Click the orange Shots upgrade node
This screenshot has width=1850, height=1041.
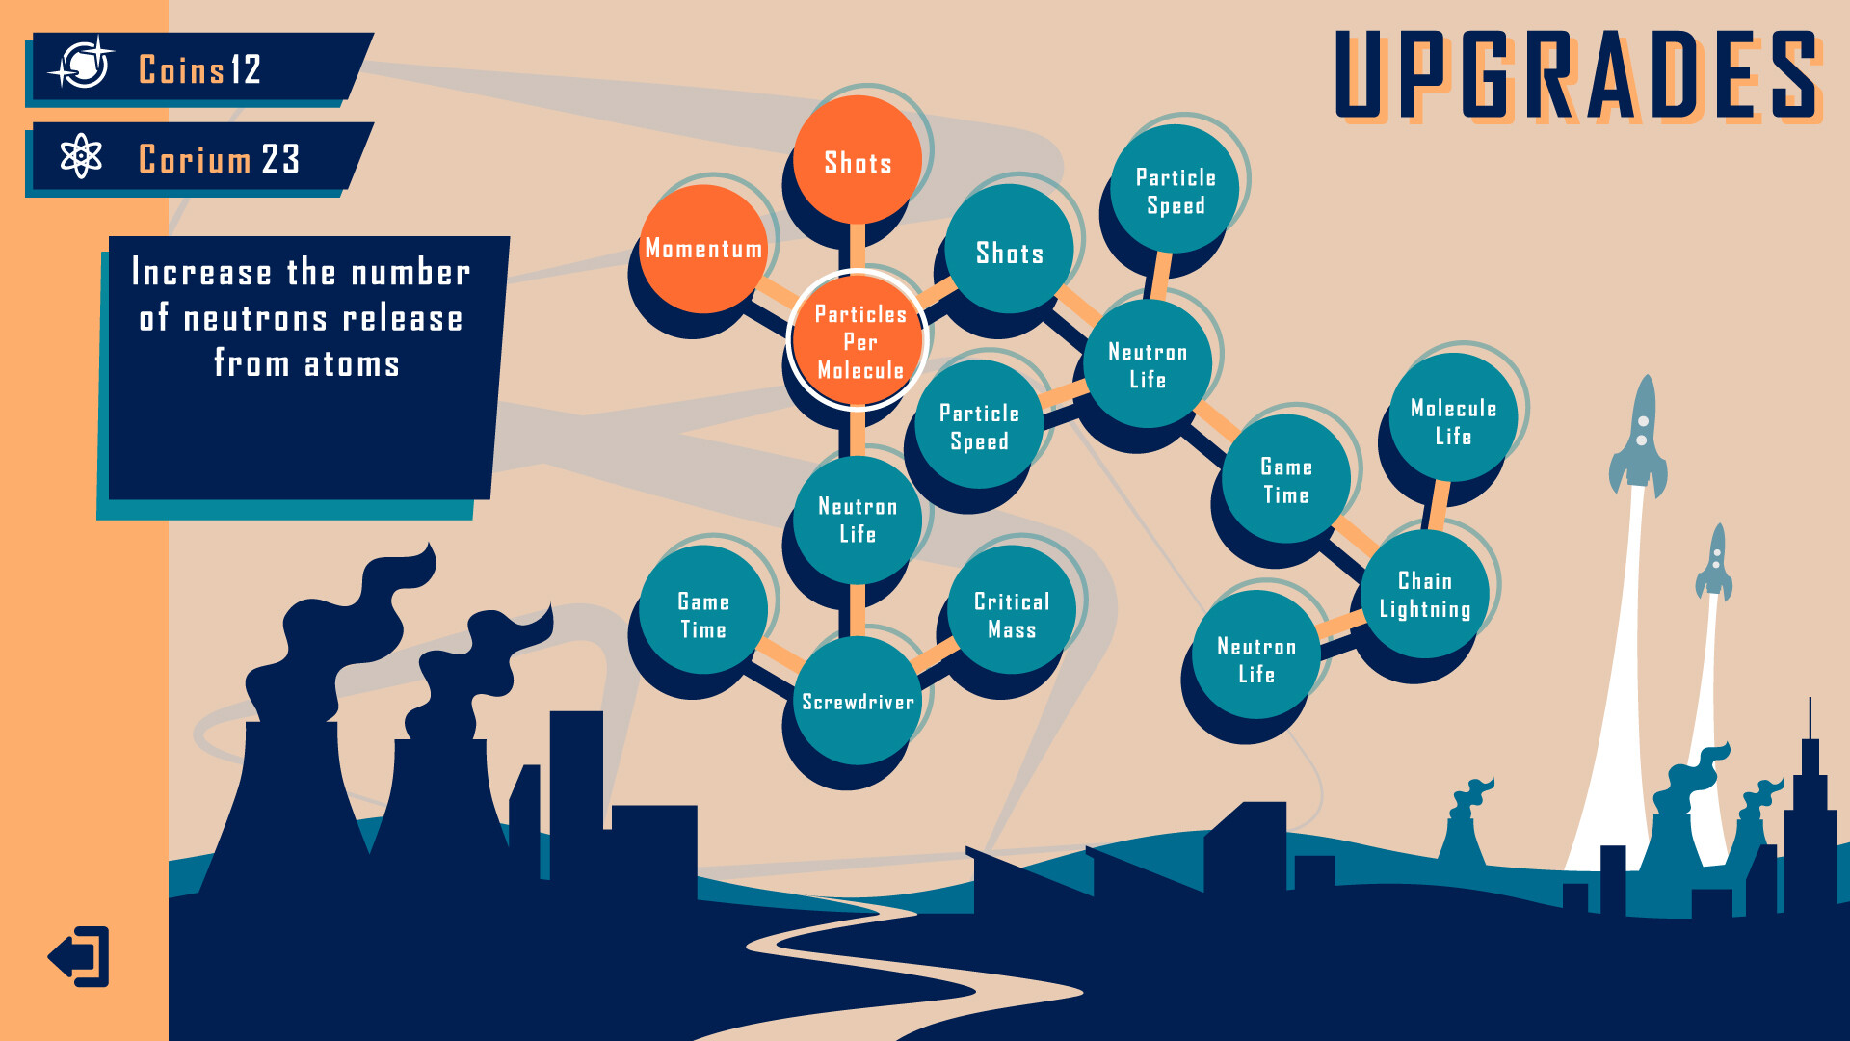[x=858, y=161]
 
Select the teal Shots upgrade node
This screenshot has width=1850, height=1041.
[x=1010, y=251]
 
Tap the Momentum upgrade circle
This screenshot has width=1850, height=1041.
[x=703, y=249]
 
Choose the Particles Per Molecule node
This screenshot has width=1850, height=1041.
[x=859, y=341]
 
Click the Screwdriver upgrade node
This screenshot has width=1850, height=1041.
[x=858, y=701]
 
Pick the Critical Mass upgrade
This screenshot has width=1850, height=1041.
[x=1012, y=614]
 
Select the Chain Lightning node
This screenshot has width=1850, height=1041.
[x=1425, y=594]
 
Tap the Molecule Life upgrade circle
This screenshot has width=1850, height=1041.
[x=1453, y=420]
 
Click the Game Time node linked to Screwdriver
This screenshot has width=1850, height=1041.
[x=703, y=614]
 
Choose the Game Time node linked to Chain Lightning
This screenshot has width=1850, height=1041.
[x=1285, y=479]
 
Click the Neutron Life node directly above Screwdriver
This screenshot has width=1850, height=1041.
[x=858, y=520]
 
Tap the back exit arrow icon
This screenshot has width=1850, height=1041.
[x=79, y=956]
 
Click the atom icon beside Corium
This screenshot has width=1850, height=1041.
[x=81, y=156]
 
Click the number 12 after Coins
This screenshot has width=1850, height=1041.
[x=246, y=69]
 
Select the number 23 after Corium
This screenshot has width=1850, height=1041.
[x=280, y=159]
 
